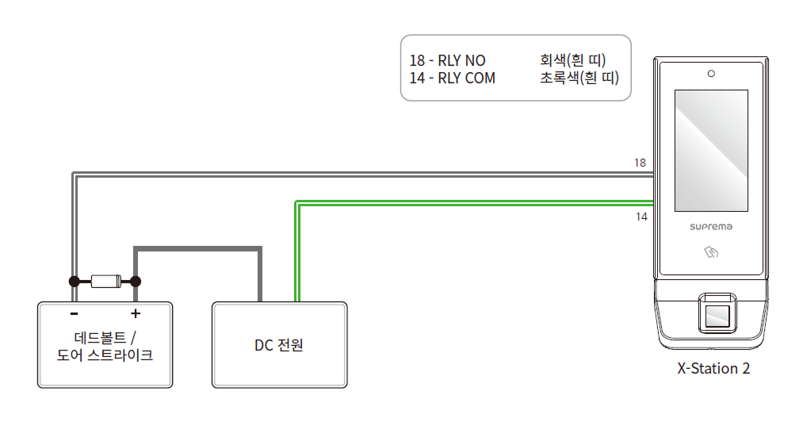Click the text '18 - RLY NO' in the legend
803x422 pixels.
click(447, 61)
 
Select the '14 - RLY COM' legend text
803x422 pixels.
click(452, 79)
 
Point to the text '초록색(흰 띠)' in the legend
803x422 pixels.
click(579, 79)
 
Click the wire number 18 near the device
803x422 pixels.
click(640, 163)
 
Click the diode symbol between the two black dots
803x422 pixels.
click(105, 281)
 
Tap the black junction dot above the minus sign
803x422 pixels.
click(74, 281)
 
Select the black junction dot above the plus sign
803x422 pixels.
click(136, 281)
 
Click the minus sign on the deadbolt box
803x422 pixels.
click(74, 313)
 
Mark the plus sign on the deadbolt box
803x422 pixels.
click(136, 313)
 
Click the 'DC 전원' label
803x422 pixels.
click(279, 346)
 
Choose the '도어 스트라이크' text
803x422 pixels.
click(105, 355)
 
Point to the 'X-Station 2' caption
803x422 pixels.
click(713, 369)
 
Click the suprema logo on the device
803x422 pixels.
click(711, 227)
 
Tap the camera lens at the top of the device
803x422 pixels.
click(711, 74)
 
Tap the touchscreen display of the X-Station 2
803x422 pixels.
click(711, 151)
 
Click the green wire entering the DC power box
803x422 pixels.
click(297, 262)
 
